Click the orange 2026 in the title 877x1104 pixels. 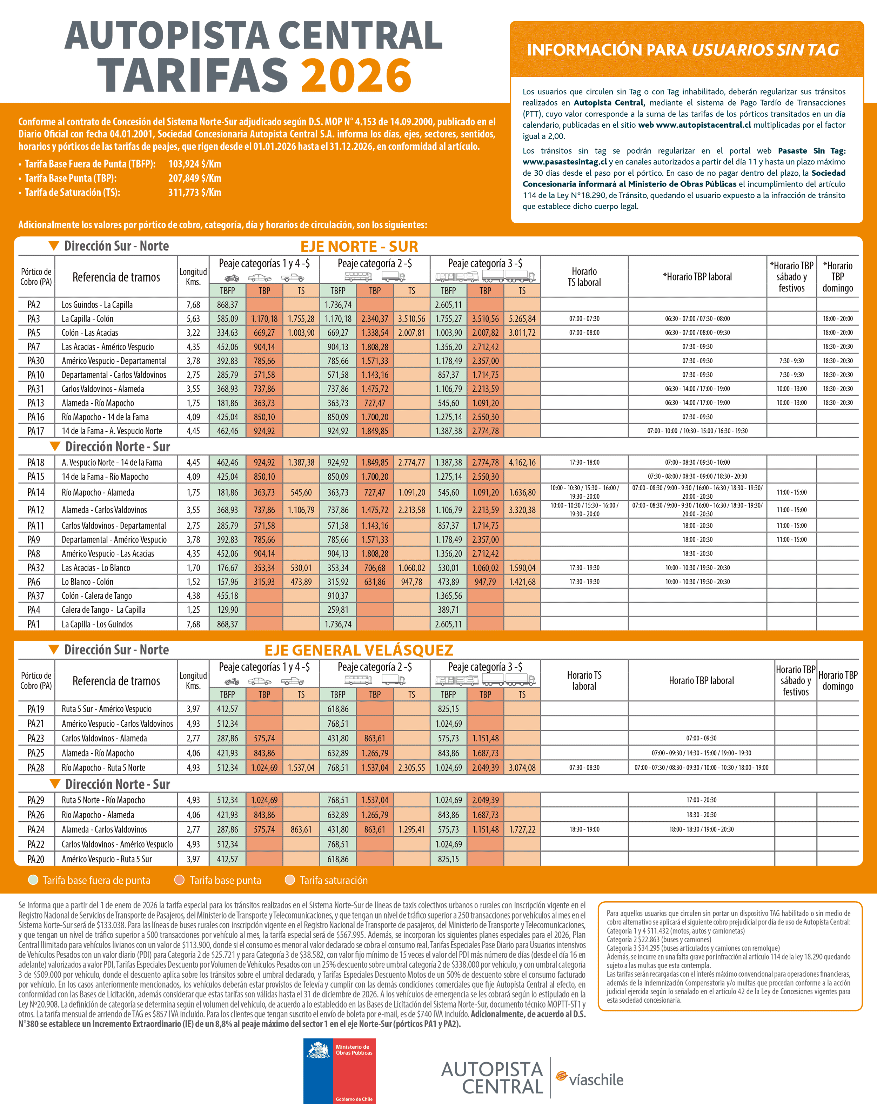click(356, 75)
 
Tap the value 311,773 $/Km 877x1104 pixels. click(195, 193)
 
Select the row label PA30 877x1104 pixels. click(36, 361)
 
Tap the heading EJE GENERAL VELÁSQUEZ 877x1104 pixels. click(359, 650)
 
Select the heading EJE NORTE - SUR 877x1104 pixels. click(359, 247)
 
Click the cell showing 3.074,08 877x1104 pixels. click(522, 768)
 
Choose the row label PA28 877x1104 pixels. click(36, 768)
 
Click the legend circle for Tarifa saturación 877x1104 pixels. click(290, 880)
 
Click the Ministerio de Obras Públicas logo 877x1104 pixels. click(339, 1070)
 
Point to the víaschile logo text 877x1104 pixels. click(596, 1080)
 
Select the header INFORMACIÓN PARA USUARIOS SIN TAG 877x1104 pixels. click(683, 50)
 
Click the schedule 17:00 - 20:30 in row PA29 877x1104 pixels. click(701, 800)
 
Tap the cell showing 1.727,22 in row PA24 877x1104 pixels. click(522, 829)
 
